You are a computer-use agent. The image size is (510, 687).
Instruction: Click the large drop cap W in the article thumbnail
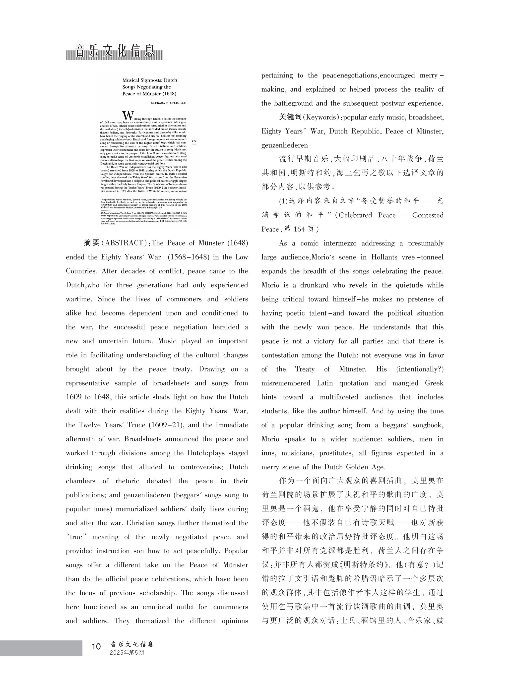(128, 116)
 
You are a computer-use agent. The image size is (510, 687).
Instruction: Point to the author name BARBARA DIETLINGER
(168, 103)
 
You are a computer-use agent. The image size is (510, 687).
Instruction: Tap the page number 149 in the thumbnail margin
(194, 141)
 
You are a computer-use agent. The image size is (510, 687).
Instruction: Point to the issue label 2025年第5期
(127, 652)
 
